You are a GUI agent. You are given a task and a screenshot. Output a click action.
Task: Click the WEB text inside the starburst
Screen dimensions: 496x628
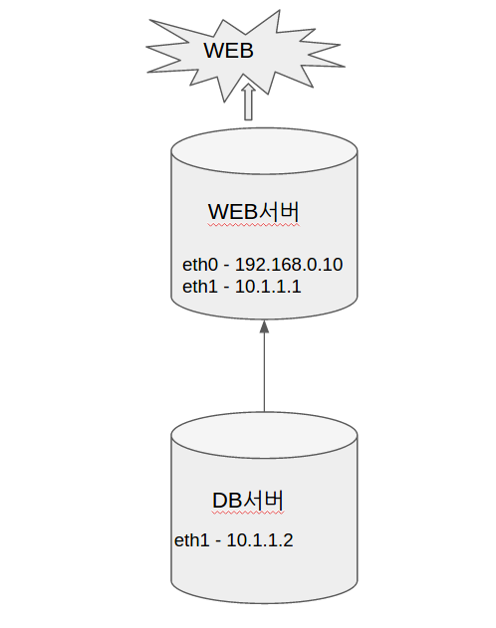pyautogui.click(x=228, y=51)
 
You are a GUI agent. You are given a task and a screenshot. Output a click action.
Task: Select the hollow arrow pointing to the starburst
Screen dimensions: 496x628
pyautogui.click(x=248, y=102)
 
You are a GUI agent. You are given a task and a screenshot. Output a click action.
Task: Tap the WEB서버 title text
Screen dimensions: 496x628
pyautogui.click(x=254, y=211)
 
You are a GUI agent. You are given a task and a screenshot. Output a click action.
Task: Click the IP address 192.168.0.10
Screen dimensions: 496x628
pyautogui.click(x=289, y=265)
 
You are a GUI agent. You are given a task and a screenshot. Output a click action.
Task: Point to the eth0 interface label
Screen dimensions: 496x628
pyautogui.click(x=200, y=265)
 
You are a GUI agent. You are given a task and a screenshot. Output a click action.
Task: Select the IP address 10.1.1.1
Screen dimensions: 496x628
pyautogui.click(x=268, y=287)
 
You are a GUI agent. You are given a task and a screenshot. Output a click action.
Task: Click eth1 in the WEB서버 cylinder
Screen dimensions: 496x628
pyautogui.click(x=200, y=287)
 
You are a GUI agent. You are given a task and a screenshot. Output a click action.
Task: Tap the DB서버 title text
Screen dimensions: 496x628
pyautogui.click(x=248, y=501)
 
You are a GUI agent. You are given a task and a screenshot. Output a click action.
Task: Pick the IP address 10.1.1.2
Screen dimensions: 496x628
pyautogui.click(x=260, y=540)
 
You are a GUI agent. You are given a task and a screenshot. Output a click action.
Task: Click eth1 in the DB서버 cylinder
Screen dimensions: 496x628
pyautogui.click(x=192, y=540)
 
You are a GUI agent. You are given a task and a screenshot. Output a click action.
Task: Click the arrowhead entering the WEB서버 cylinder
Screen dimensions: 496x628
pyautogui.click(x=264, y=326)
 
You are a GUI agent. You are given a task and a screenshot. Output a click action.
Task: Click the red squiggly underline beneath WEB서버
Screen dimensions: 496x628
pyautogui.click(x=254, y=225)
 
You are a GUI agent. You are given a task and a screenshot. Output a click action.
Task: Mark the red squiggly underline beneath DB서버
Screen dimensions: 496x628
pyautogui.click(x=248, y=513)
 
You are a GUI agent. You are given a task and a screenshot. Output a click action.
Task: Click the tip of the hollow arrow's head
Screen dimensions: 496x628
pyautogui.click(x=248, y=84)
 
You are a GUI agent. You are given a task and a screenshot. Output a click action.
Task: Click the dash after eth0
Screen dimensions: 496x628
pyautogui.click(x=226, y=266)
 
